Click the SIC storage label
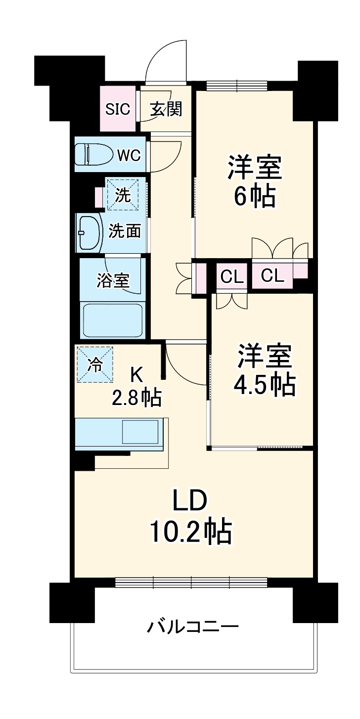(118, 109)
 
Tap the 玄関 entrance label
(166, 109)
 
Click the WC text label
(129, 155)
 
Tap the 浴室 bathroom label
(113, 280)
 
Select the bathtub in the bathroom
(113, 321)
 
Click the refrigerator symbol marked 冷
(94, 365)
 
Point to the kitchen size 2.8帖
(137, 397)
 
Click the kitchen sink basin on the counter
(141, 432)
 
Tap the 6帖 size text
(254, 197)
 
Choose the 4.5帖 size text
(265, 383)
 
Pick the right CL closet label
(273, 276)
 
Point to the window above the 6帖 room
(237, 86)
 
